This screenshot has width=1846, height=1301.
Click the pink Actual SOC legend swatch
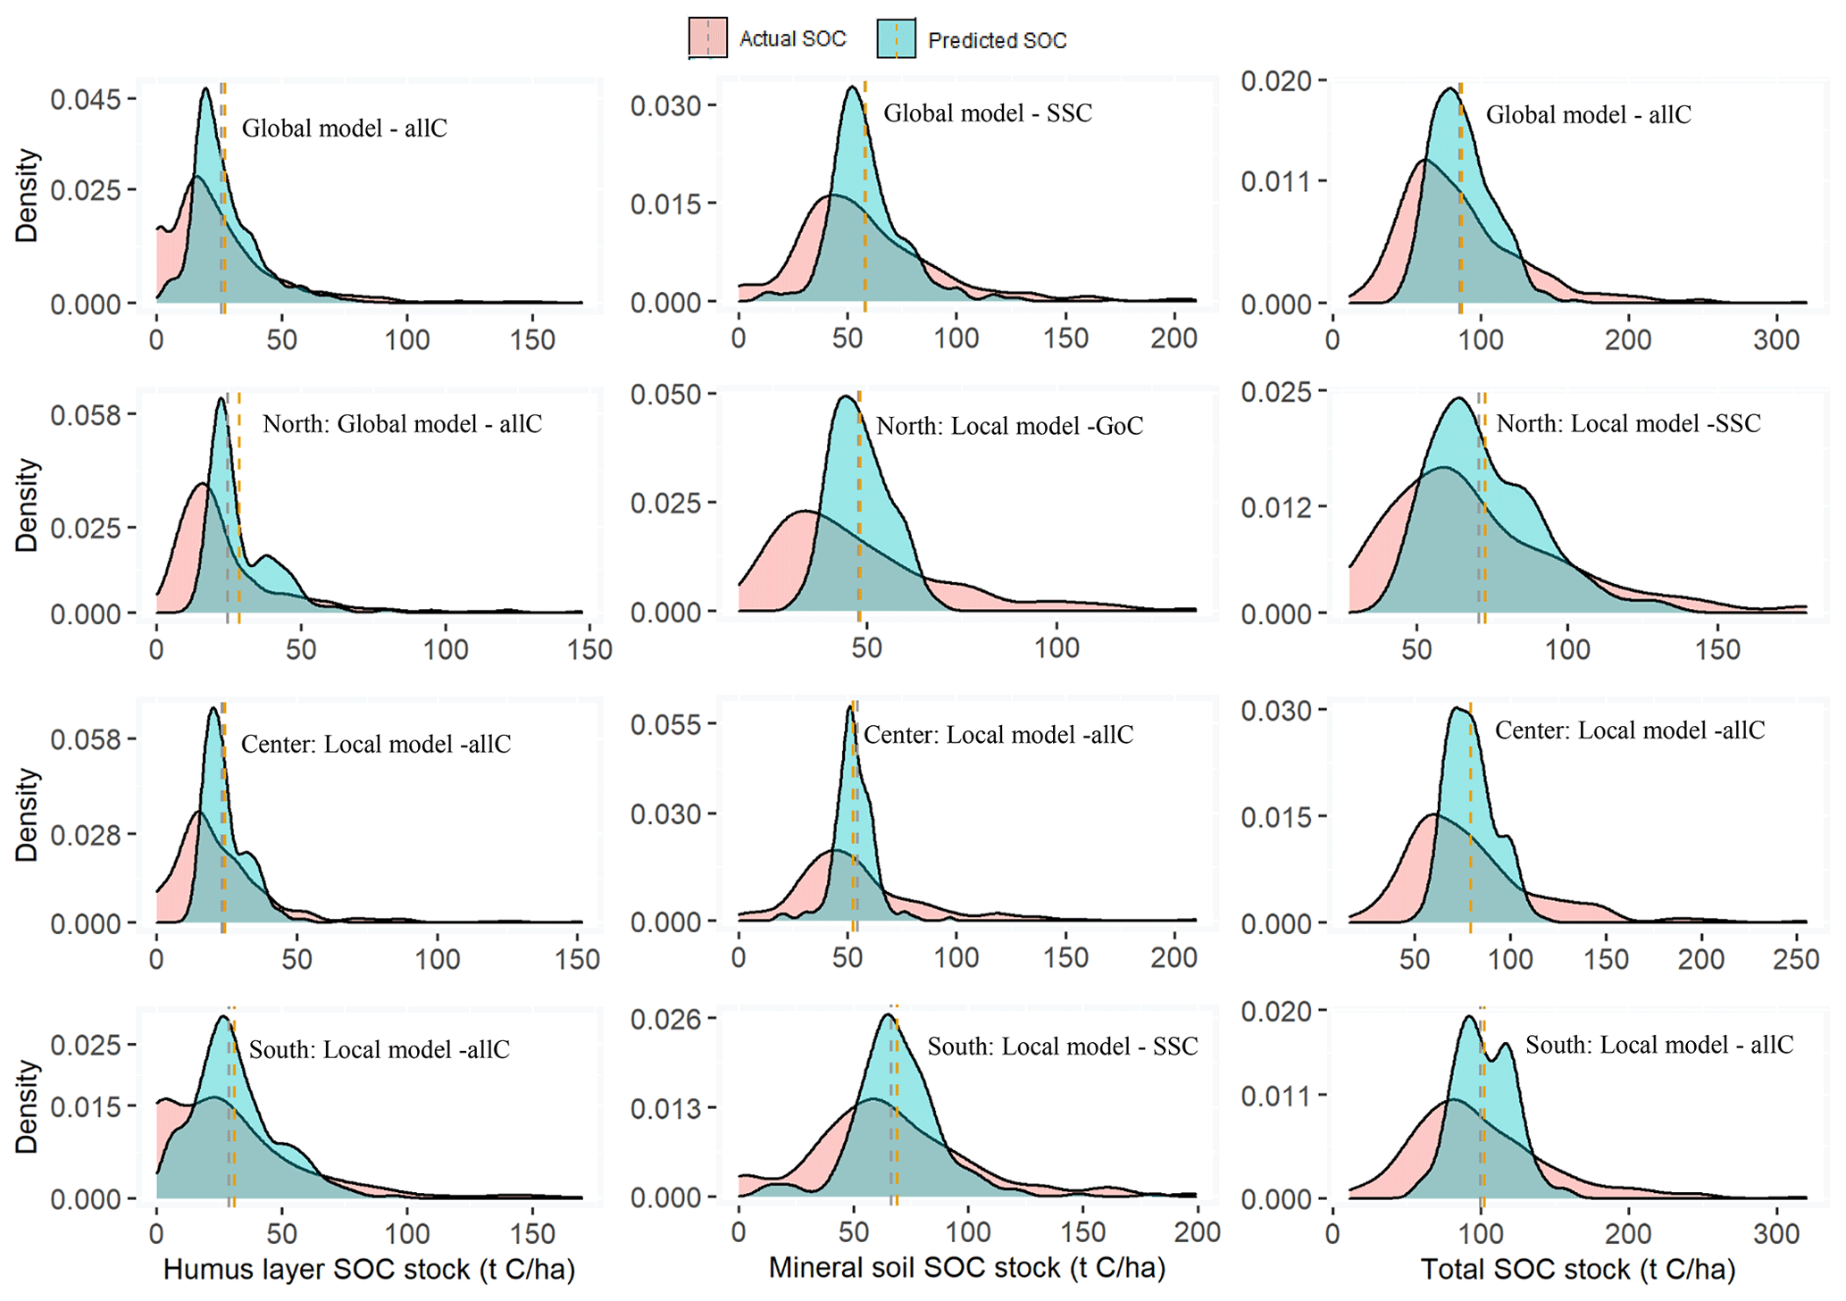click(x=707, y=39)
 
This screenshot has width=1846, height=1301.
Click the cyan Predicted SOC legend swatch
click(x=896, y=39)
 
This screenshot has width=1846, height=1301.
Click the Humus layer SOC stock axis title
click(x=368, y=1269)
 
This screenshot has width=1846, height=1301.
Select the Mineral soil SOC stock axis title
click(x=967, y=1267)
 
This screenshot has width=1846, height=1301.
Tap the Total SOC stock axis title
click(x=1577, y=1269)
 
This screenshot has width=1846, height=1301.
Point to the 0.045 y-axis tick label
click(x=85, y=99)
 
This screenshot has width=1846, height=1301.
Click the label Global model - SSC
click(x=988, y=113)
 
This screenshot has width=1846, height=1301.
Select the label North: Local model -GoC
click(x=1009, y=426)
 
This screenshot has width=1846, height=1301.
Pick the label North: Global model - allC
click(x=402, y=423)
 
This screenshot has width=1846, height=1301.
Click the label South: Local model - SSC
click(x=1062, y=1046)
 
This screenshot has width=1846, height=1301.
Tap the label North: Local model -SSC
click(x=1628, y=423)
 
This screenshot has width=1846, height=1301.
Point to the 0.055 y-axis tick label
click(x=665, y=724)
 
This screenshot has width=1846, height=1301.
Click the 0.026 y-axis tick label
click(x=665, y=1019)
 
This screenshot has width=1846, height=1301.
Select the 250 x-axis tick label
click(x=1796, y=959)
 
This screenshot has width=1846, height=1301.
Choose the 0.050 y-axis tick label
click(x=665, y=394)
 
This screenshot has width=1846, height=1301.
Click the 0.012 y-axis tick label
click(x=1276, y=507)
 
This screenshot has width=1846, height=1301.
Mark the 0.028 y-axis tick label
click(x=85, y=834)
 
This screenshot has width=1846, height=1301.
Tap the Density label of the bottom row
click(x=28, y=1106)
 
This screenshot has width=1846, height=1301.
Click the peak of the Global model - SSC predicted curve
click(x=853, y=87)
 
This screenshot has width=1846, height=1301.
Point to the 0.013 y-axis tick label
click(x=665, y=1108)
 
